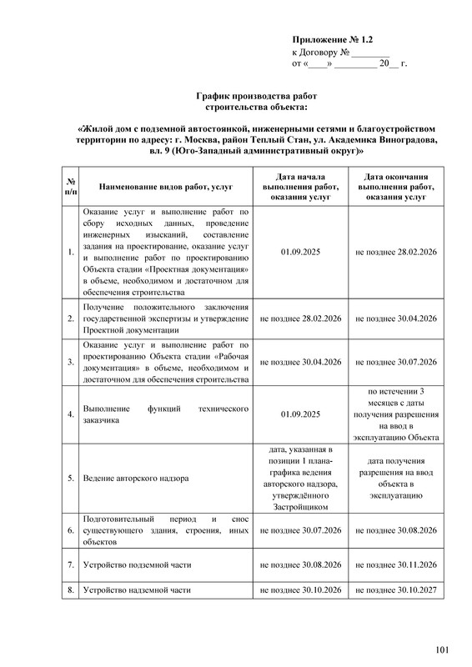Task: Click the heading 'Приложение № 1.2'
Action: (332, 40)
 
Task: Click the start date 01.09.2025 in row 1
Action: (301, 251)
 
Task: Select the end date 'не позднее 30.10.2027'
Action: (396, 590)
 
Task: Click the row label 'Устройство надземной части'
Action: (136, 590)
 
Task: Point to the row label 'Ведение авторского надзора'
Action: (136, 479)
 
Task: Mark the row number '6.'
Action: (71, 530)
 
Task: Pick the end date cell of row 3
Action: (396, 363)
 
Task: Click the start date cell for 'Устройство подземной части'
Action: (301, 564)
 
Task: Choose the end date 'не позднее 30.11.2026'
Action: (396, 564)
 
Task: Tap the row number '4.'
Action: (71, 414)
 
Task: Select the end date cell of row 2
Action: (396, 318)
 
